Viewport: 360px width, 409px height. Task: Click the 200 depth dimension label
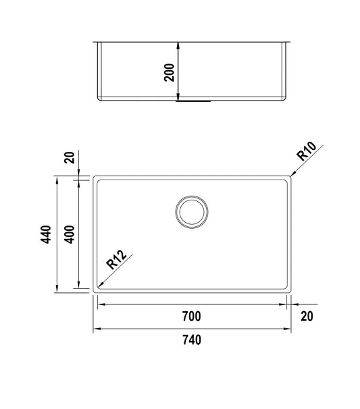169,72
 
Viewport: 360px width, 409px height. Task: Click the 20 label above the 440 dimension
68,158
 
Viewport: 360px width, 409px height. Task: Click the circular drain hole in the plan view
192,211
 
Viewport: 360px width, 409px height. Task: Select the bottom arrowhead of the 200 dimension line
178,101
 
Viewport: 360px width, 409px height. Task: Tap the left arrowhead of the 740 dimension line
93,329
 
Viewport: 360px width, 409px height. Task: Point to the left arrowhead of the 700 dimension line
100,305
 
